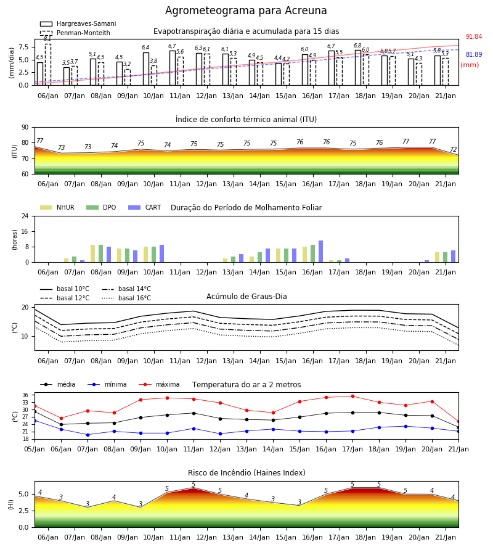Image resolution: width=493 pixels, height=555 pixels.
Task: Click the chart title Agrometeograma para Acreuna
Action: [246, 10]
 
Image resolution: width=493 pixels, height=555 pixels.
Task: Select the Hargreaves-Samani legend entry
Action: [78, 23]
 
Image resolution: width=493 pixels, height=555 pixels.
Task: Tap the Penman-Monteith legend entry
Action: [75, 33]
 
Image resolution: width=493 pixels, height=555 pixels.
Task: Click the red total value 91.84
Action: [473, 37]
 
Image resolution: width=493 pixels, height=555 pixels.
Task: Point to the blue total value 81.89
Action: [473, 54]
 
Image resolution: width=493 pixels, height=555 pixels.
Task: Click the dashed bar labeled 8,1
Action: [48, 64]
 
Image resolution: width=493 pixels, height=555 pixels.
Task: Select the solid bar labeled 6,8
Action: [358, 68]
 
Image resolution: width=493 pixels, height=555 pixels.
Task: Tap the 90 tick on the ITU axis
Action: [25, 128]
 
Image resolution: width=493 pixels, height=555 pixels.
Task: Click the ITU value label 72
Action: [453, 149]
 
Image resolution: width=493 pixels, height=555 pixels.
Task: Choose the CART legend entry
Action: [145, 207]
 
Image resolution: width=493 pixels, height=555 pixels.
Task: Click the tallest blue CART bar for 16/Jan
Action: [321, 252]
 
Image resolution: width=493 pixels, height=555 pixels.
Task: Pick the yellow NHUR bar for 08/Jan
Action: [92, 253]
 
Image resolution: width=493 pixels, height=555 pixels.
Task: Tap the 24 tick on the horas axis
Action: [25, 216]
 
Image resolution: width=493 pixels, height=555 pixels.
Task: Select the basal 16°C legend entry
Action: [126, 298]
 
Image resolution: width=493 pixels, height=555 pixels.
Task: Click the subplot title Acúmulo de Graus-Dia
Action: [246, 297]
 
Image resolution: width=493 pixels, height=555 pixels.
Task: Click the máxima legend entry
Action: [159, 384]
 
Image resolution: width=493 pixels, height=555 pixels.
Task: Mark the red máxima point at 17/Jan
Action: [352, 396]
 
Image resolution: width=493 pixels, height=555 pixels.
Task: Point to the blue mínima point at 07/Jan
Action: [88, 435]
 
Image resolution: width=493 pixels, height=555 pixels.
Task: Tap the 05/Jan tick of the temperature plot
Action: [35, 449]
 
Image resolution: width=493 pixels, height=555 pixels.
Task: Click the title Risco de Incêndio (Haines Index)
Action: [246, 473]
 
